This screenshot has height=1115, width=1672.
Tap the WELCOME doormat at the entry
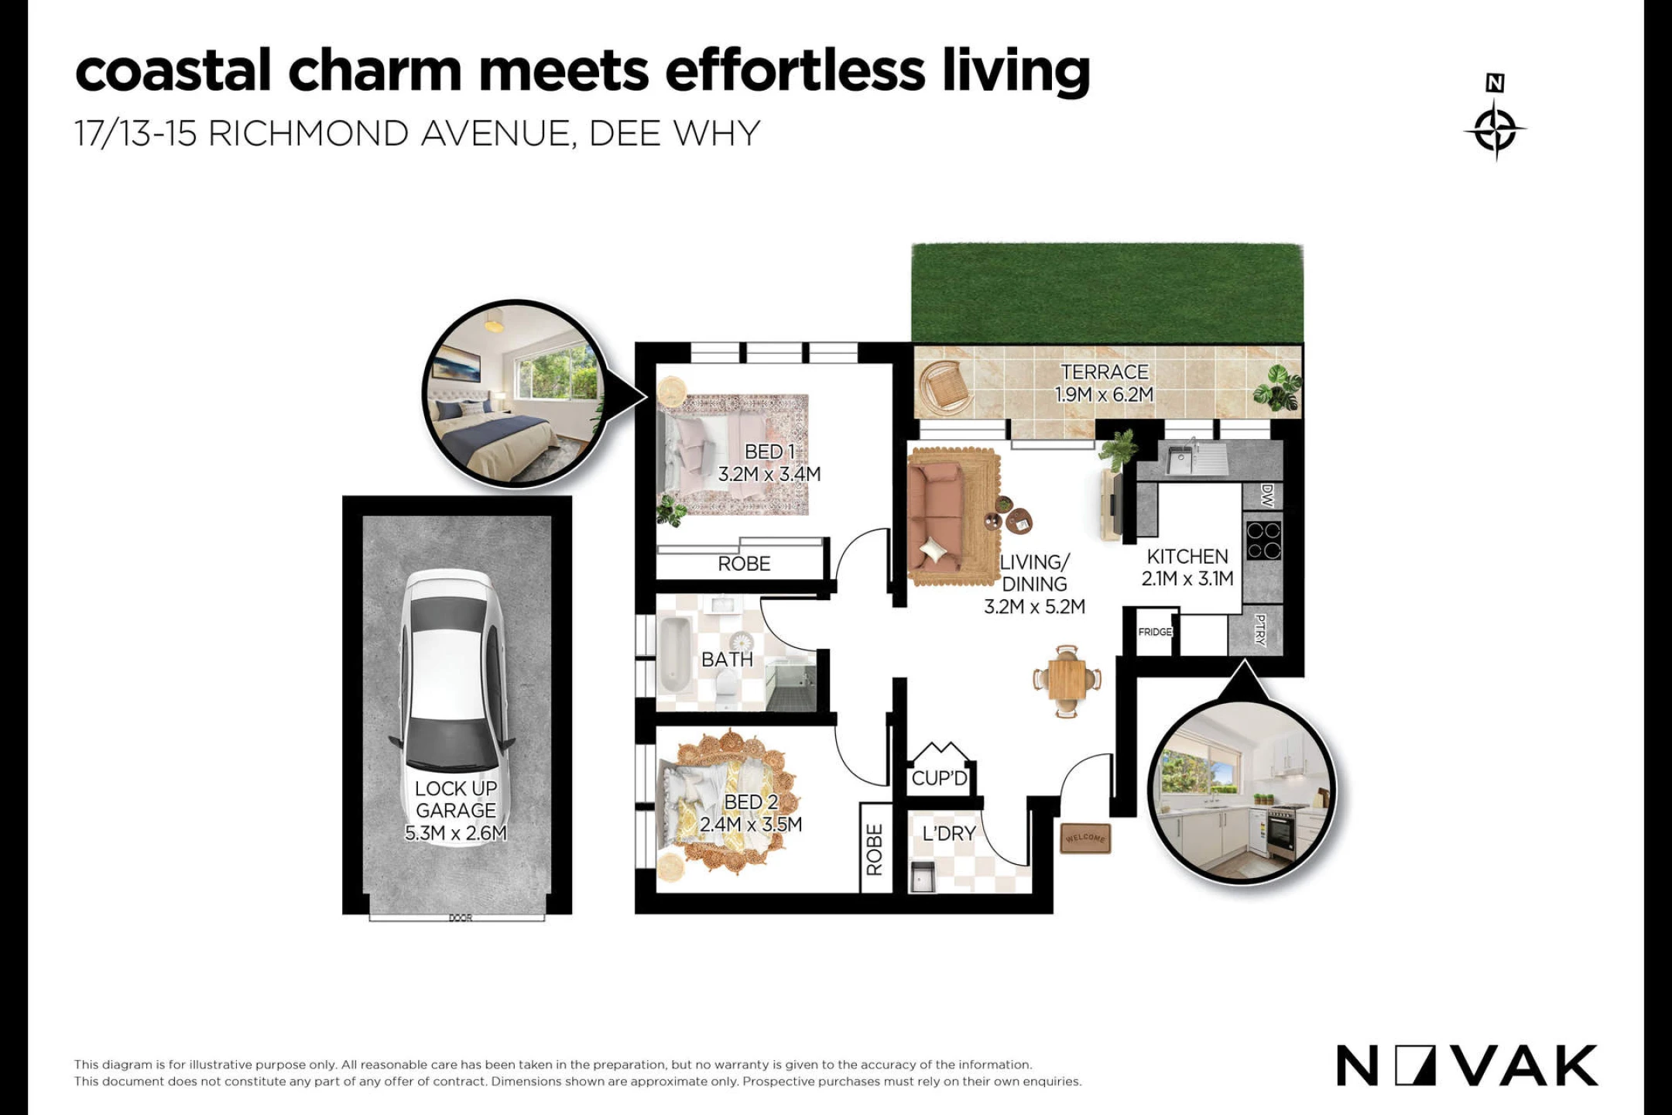(x=1085, y=838)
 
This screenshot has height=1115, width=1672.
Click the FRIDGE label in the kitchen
(x=1155, y=632)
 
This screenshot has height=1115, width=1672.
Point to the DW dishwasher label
(x=1266, y=496)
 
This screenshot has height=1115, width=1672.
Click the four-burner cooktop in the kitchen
(x=1263, y=540)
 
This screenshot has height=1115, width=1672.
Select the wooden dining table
(x=1067, y=681)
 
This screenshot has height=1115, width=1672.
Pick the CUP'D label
(x=940, y=778)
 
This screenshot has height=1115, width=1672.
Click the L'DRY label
(x=949, y=834)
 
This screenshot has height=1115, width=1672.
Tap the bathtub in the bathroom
(x=676, y=655)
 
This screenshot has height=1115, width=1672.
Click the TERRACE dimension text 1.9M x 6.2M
(x=1105, y=395)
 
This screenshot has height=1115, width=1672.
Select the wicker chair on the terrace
(x=945, y=385)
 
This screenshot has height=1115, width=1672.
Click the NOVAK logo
(x=1467, y=1066)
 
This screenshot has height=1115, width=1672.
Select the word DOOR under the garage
(x=461, y=918)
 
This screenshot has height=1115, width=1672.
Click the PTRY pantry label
(x=1260, y=630)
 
